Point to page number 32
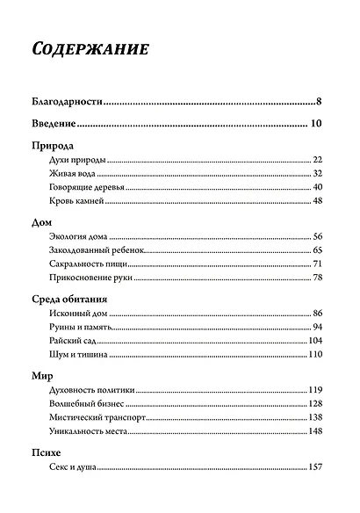click(x=319, y=174)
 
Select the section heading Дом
click(x=41, y=223)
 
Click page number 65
click(x=319, y=251)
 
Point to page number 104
click(x=316, y=340)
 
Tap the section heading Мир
click(x=42, y=376)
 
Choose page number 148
click(x=316, y=431)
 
